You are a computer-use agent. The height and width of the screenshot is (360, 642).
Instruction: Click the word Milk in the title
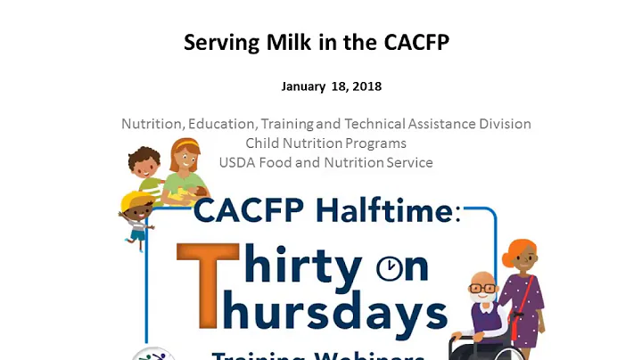point(279,42)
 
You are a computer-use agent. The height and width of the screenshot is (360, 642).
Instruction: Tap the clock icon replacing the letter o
point(390,267)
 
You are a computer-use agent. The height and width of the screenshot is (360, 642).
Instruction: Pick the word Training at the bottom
point(259,356)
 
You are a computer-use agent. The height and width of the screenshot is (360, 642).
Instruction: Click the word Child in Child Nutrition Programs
point(263,143)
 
